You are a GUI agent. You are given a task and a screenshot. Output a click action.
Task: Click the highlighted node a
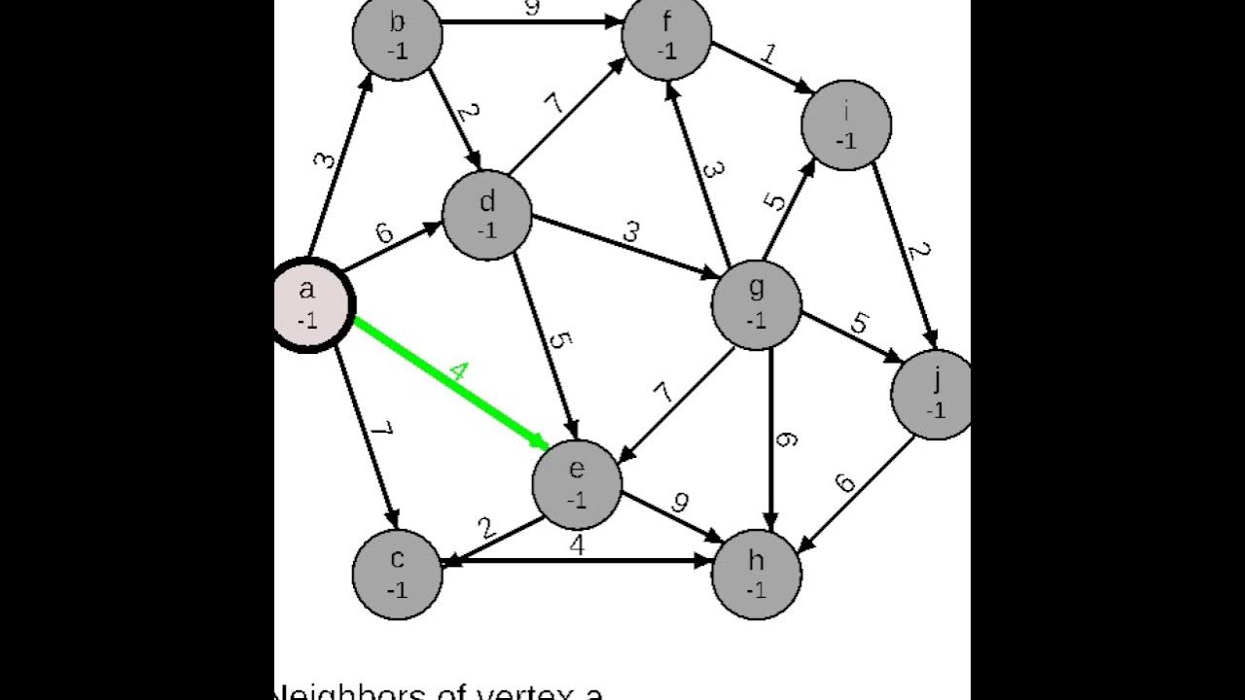click(x=308, y=304)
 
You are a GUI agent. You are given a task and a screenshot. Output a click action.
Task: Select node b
click(x=397, y=35)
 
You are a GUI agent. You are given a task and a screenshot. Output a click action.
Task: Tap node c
click(x=397, y=575)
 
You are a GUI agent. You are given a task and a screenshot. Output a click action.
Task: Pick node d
click(x=487, y=215)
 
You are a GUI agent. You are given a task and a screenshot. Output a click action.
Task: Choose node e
click(x=577, y=484)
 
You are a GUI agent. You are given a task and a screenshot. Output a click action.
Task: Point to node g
click(x=757, y=304)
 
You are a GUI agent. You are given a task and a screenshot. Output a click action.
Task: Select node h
click(x=757, y=575)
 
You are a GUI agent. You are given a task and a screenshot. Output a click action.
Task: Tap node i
click(x=846, y=125)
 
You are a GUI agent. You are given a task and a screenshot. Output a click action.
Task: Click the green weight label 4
click(x=459, y=372)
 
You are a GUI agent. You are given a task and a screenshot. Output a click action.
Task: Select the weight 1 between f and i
click(x=768, y=54)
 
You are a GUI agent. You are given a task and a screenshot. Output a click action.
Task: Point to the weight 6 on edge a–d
click(x=385, y=234)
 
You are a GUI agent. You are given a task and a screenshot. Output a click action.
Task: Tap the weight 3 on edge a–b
click(x=324, y=158)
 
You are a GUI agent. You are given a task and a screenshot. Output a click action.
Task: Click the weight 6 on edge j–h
click(x=844, y=482)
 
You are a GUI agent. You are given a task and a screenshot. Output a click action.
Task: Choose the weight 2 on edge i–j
click(x=919, y=252)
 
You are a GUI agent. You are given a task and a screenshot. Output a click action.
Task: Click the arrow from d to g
click(x=622, y=244)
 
